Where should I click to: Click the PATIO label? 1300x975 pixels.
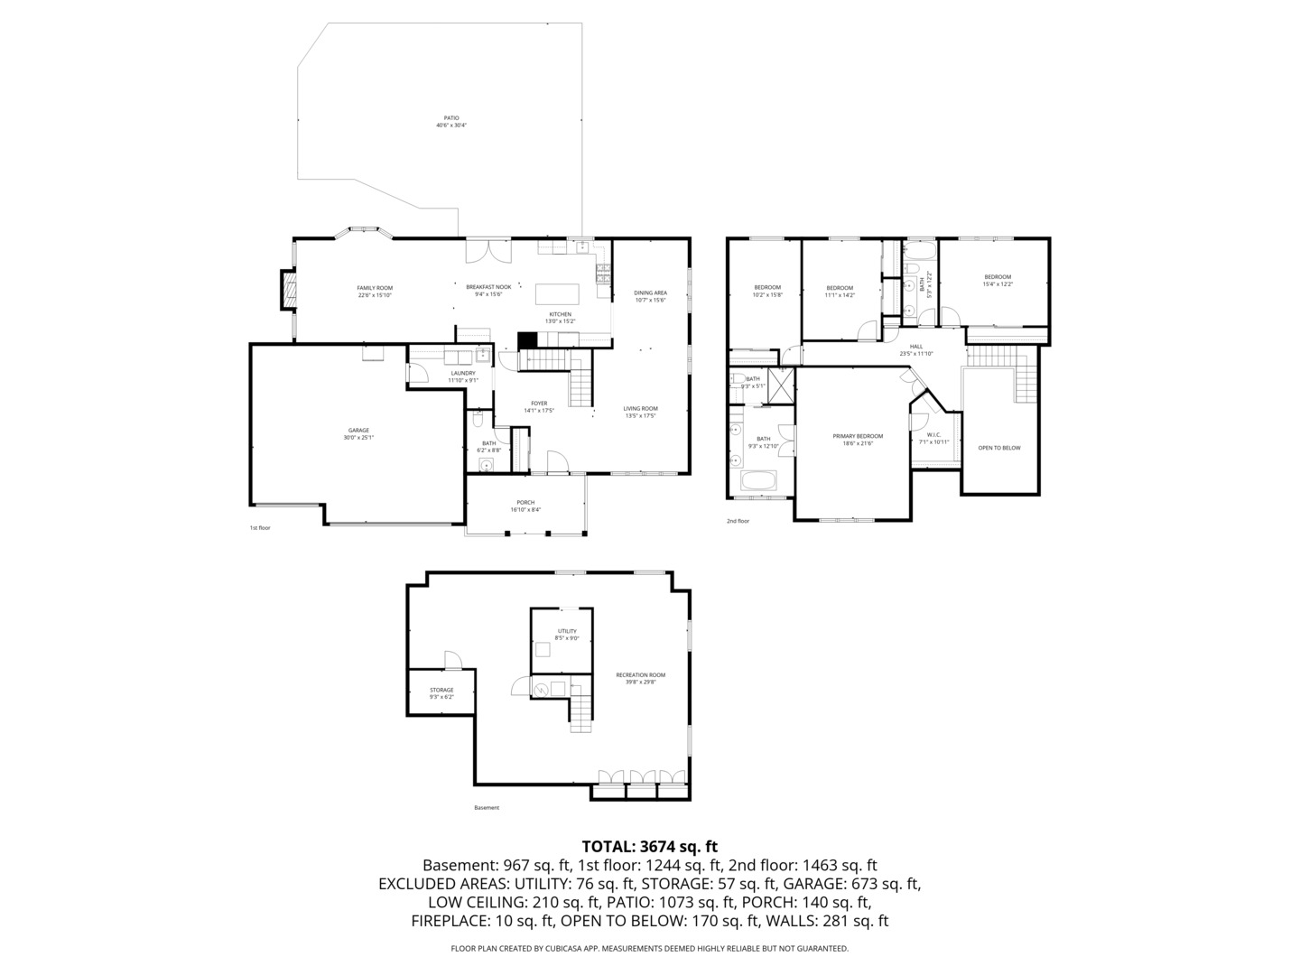pyautogui.click(x=451, y=118)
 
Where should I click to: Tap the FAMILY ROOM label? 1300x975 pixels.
pyautogui.click(x=375, y=288)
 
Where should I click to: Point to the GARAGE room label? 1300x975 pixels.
pyautogui.click(x=358, y=431)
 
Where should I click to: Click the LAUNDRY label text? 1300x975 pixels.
pyautogui.click(x=463, y=373)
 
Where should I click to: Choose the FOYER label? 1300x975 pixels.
pyautogui.click(x=539, y=404)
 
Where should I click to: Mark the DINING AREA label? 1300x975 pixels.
pyautogui.click(x=650, y=293)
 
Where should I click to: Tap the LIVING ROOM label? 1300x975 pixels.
pyautogui.click(x=641, y=409)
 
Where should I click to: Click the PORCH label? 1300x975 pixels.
pyautogui.click(x=525, y=503)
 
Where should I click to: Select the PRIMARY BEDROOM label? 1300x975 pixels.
pyautogui.click(x=858, y=436)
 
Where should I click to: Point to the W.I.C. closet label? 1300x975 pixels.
pyautogui.click(x=934, y=436)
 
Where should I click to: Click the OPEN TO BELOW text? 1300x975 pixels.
pyautogui.click(x=999, y=448)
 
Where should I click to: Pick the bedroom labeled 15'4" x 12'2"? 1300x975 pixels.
pyautogui.click(x=998, y=277)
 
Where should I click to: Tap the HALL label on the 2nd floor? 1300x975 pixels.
pyautogui.click(x=916, y=347)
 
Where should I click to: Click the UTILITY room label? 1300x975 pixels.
pyautogui.click(x=567, y=631)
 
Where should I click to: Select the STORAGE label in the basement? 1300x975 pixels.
pyautogui.click(x=441, y=691)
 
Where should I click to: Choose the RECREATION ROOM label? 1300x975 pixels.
pyautogui.click(x=641, y=675)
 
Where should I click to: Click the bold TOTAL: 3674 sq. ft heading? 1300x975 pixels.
pyautogui.click(x=650, y=847)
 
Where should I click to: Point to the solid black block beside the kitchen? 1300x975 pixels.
pyautogui.click(x=527, y=339)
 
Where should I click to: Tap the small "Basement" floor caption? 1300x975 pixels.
pyautogui.click(x=487, y=808)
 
